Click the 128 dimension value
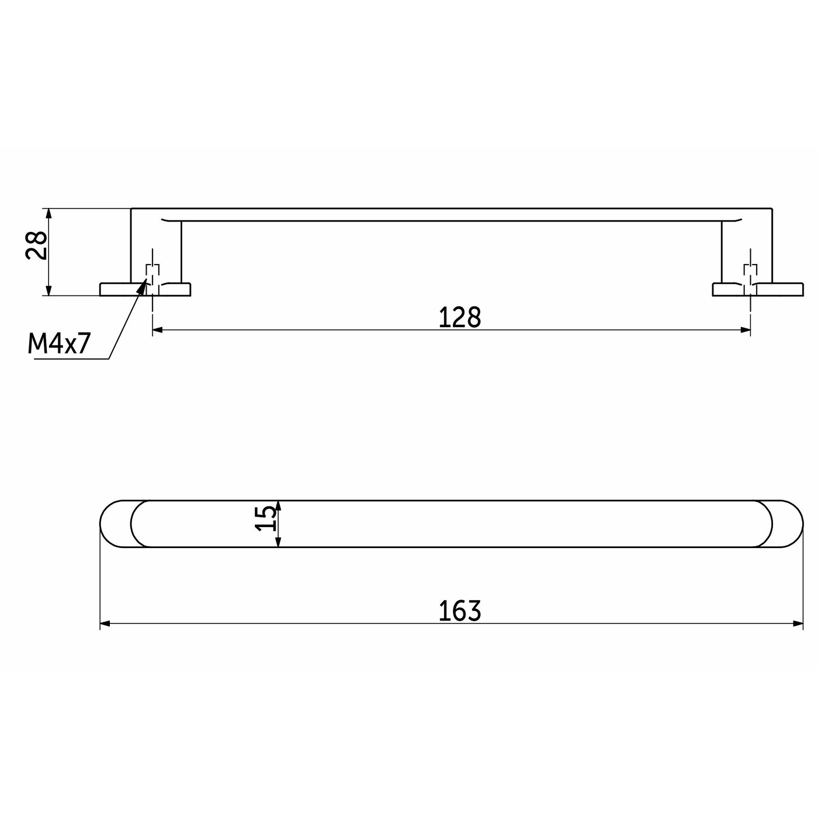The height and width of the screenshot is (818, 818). [460, 317]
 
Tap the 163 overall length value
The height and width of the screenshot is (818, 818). [460, 611]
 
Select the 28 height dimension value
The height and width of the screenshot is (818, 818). [36, 245]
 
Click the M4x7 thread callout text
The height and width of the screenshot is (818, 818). [59, 344]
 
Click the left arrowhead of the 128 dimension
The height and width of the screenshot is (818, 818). [158, 330]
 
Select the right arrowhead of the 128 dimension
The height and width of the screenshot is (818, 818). [745, 330]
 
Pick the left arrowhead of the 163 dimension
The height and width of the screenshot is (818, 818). [105, 623]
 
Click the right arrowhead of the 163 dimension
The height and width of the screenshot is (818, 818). [798, 623]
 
